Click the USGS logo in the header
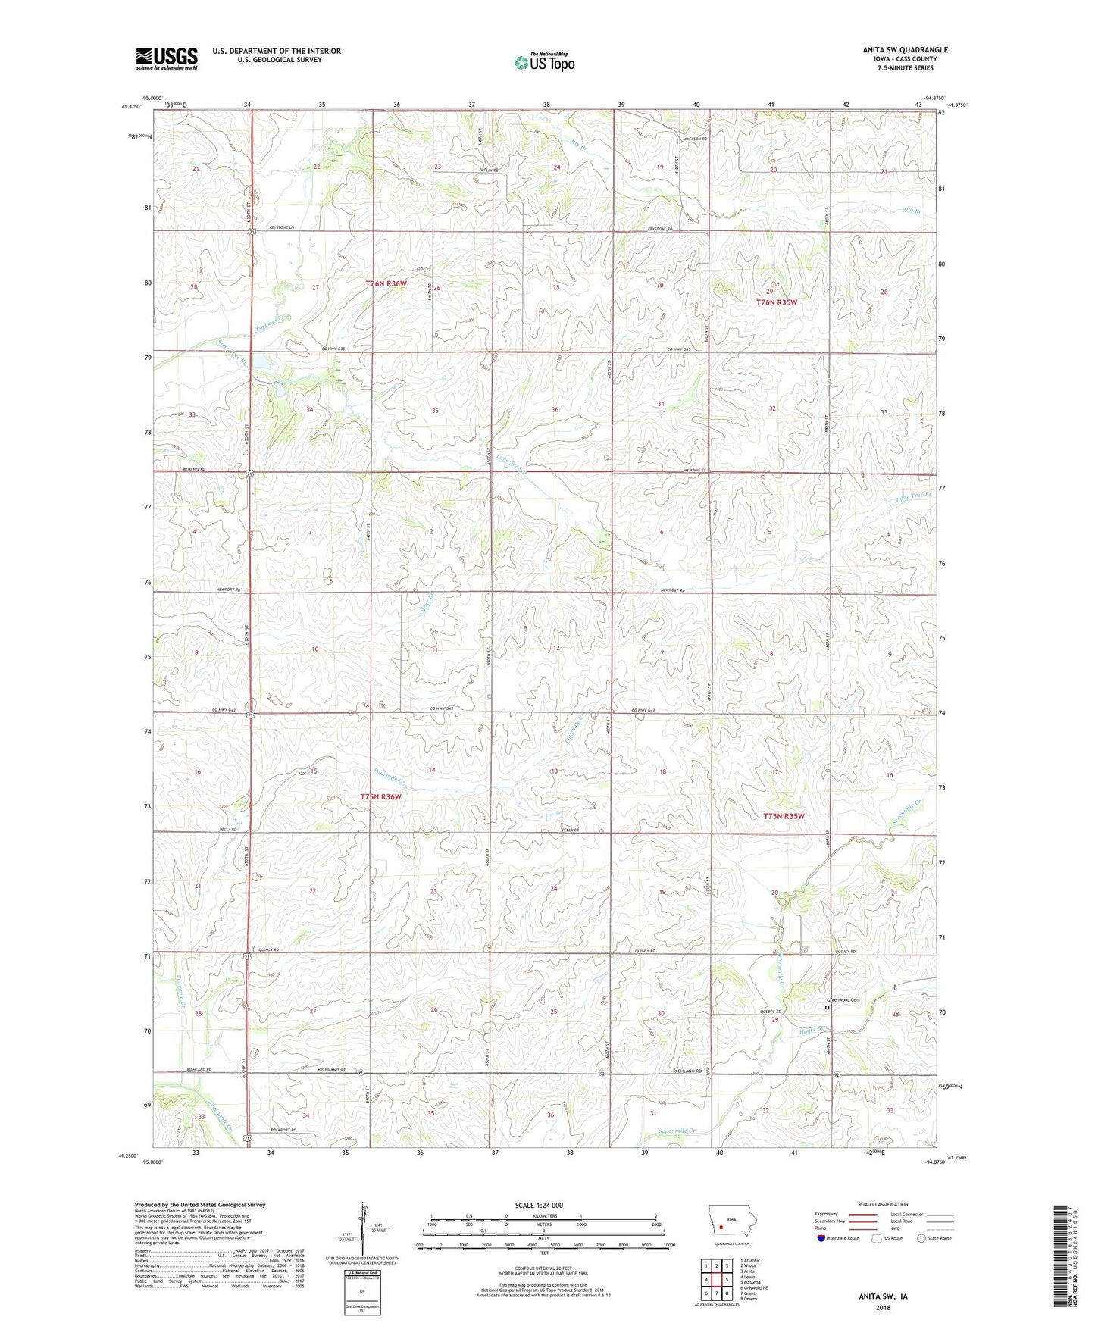coord(167,58)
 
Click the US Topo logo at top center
coord(544,62)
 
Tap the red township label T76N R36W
coord(386,283)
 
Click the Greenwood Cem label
coord(843,999)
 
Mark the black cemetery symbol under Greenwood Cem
coord(828,1008)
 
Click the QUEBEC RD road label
coord(769,1012)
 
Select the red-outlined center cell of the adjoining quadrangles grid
coord(716,1279)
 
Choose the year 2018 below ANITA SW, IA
coord(883,1307)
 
